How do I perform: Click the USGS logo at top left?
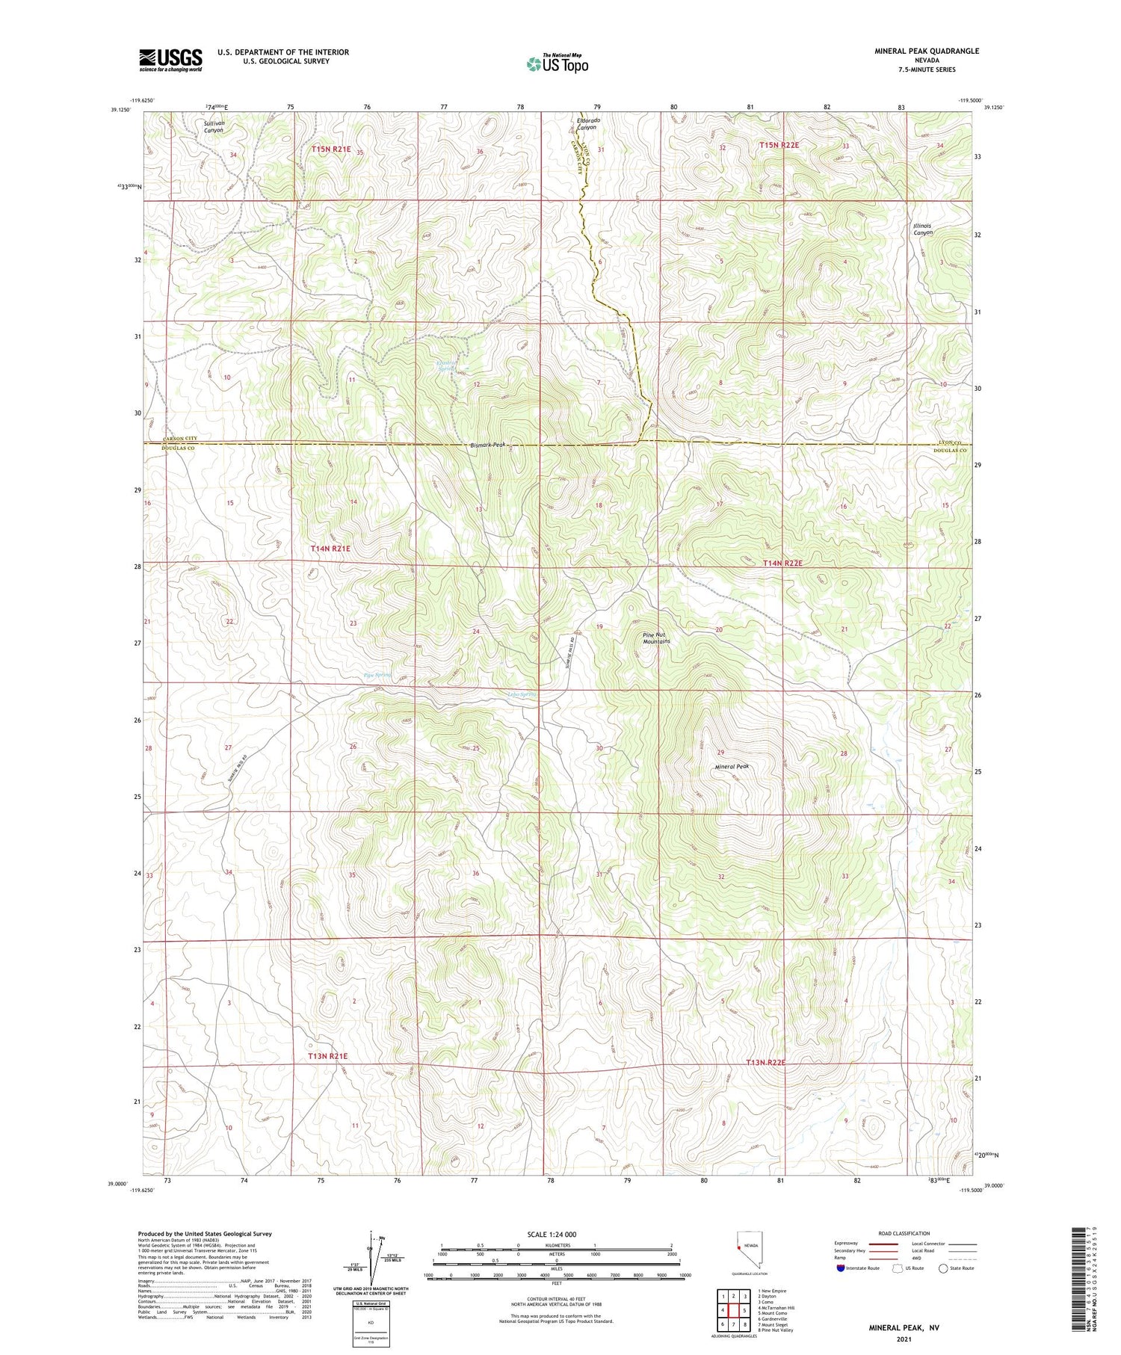tap(170, 60)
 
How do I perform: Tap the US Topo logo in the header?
tap(557, 64)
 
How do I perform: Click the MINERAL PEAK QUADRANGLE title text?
tap(926, 51)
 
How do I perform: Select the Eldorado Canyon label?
tap(587, 123)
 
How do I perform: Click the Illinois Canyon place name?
tap(923, 229)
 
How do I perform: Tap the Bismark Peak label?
tap(488, 445)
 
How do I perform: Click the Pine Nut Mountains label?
tap(656, 638)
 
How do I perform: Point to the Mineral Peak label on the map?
tap(732, 766)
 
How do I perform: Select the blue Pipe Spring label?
tap(377, 675)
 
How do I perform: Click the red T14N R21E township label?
tap(330, 549)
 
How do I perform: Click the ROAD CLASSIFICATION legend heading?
tap(904, 1233)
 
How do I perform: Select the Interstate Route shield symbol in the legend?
tap(841, 1268)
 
